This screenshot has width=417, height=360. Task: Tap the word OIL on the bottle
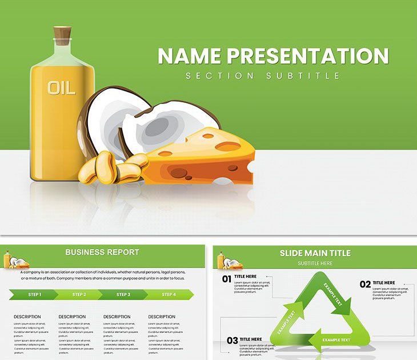[x=61, y=88]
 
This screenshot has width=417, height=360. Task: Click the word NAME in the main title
[x=189, y=56]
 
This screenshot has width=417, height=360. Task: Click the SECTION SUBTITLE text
[x=262, y=75]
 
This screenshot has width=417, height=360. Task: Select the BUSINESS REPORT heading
[x=102, y=252]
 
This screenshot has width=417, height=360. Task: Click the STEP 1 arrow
[x=34, y=295]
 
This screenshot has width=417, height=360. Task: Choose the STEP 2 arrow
[x=79, y=295]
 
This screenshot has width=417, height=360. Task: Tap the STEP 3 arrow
[x=123, y=295]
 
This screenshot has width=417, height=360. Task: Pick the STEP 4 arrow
[x=169, y=295]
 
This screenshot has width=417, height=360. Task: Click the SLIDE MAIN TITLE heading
[x=315, y=253]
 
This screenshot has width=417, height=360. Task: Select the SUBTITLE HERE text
[x=315, y=263]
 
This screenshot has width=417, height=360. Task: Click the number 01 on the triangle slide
[x=227, y=279]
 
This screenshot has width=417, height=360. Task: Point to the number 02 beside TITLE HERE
[x=365, y=285]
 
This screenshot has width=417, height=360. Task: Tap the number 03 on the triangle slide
[x=232, y=341]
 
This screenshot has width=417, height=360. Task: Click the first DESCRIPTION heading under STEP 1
[x=27, y=317]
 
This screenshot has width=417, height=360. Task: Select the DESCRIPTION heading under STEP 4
[x=162, y=317]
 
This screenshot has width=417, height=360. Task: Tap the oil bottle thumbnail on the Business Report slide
[x=8, y=261]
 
